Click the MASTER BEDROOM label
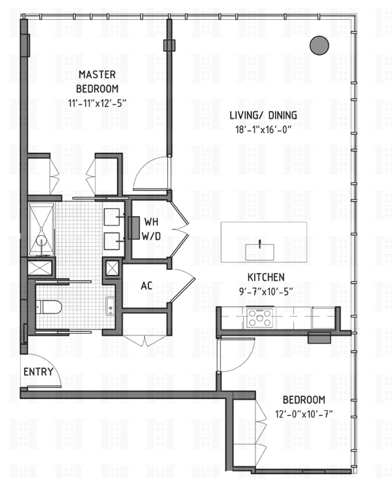(x=97, y=82)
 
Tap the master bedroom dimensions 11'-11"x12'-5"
(x=97, y=103)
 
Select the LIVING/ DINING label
(x=263, y=115)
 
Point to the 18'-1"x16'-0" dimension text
(x=261, y=129)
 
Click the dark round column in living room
(x=319, y=46)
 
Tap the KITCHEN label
(x=266, y=277)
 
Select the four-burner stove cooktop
(x=259, y=318)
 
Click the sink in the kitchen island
(x=259, y=252)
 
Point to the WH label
(x=151, y=222)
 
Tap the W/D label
(x=151, y=236)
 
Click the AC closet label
(x=146, y=285)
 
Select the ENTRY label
(x=39, y=372)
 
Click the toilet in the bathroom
(x=49, y=307)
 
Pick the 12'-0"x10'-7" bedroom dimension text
(x=304, y=414)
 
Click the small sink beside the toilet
(x=110, y=306)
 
